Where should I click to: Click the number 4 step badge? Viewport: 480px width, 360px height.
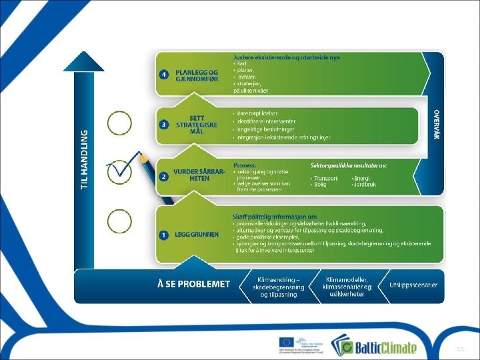click(x=163, y=74)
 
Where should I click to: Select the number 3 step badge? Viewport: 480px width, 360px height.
click(x=163, y=124)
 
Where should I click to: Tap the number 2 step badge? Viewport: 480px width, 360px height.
click(x=163, y=177)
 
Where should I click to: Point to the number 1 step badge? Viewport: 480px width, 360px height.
click(x=163, y=235)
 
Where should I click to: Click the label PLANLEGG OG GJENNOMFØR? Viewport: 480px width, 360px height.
click(x=197, y=75)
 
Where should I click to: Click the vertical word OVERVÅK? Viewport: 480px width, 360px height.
click(x=436, y=124)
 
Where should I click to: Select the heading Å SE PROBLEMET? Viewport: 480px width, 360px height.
click(x=193, y=284)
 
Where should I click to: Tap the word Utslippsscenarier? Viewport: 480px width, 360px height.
click(x=413, y=285)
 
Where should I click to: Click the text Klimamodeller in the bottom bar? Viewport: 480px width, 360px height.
click(x=347, y=279)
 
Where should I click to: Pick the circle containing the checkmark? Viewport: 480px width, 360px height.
click(x=120, y=171)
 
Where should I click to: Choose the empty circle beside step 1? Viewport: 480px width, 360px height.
click(x=120, y=221)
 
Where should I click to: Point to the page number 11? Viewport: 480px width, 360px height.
click(x=461, y=349)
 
